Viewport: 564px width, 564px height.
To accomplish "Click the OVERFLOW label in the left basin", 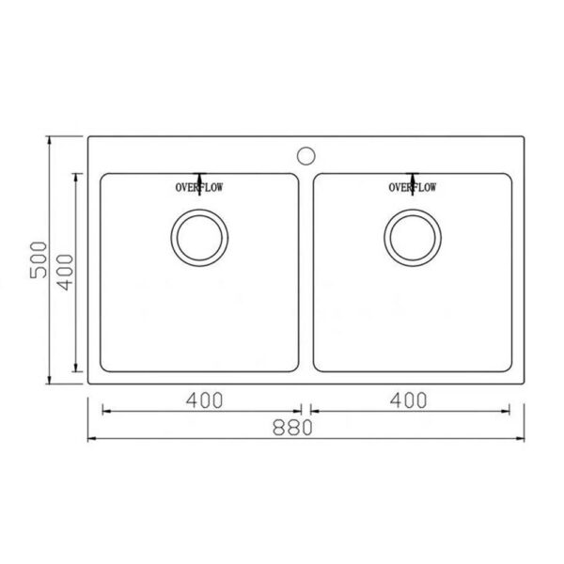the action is (x=199, y=187).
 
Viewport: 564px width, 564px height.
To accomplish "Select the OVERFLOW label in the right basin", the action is (x=413, y=187).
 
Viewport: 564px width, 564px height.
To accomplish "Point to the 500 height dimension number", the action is (x=39, y=259).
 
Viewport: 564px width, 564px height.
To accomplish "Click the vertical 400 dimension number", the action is (x=65, y=273).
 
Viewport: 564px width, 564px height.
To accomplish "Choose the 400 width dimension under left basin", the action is (x=204, y=400).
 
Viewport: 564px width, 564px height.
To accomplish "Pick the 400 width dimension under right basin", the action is (x=409, y=400).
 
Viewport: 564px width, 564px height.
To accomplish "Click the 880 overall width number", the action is (x=292, y=428).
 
